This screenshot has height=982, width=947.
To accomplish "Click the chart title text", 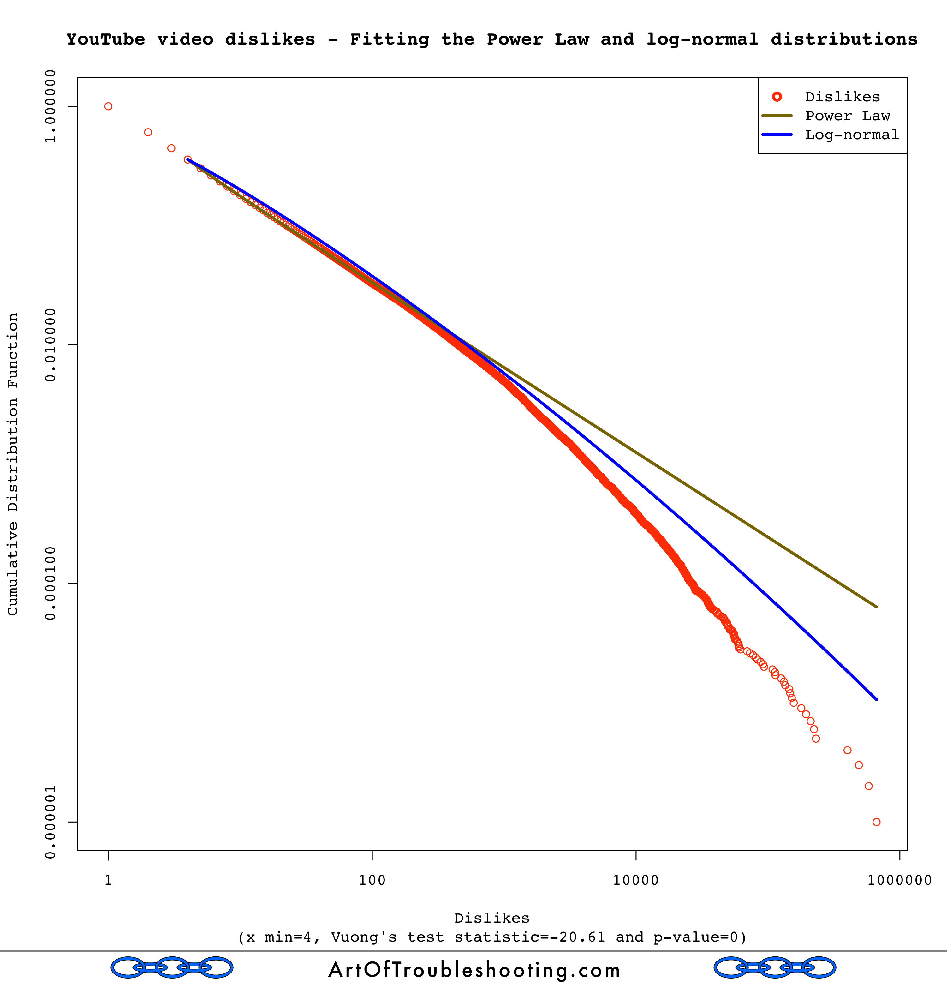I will pos(492,39).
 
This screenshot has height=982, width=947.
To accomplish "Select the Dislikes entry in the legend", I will pos(842,97).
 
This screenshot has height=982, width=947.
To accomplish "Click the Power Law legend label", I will pos(847,116).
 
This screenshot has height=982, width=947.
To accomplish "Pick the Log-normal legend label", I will pos(851,135).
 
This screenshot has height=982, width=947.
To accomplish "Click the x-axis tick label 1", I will pos(108,880).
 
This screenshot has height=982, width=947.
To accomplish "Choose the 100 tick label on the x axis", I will pos(372,880).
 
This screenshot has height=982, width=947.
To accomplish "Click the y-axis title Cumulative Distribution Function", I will pos(13,464).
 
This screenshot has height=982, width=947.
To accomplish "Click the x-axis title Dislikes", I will pos(492,918).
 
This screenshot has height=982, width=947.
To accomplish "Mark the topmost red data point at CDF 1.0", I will pos(108,106).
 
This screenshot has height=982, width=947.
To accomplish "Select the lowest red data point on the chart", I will pos(876,822).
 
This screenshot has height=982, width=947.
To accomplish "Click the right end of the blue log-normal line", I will pos(876,699).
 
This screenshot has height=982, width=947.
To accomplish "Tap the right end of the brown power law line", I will pos(876,607).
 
